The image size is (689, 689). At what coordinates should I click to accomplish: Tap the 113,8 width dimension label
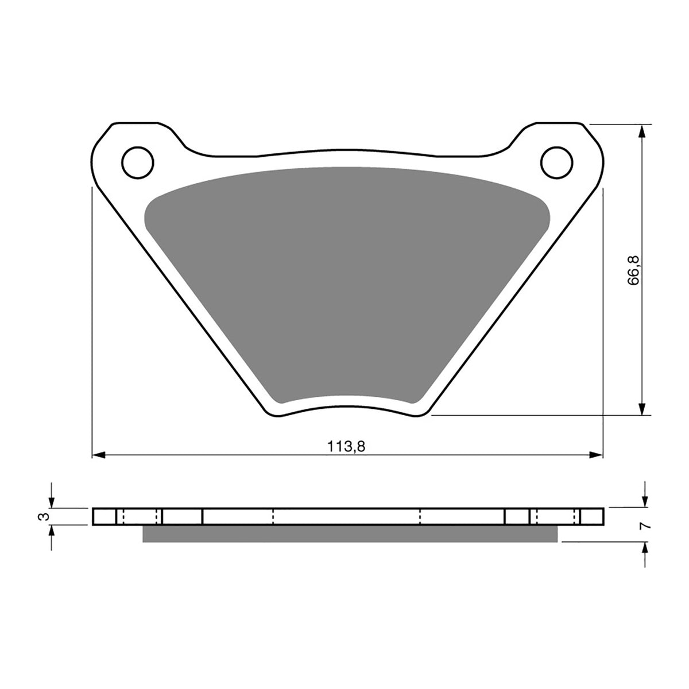(347, 446)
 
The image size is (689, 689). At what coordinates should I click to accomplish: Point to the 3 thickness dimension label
(40, 517)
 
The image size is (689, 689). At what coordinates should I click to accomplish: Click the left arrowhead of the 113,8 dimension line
(98, 455)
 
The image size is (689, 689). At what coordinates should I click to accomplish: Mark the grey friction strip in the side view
(349, 534)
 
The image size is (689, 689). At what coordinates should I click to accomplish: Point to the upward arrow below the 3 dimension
(52, 533)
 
